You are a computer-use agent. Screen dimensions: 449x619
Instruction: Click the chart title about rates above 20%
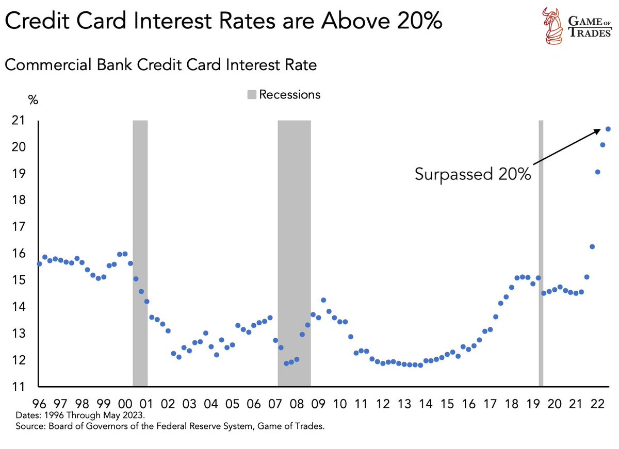point(223,23)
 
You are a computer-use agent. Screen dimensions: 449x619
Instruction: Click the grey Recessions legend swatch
point(252,95)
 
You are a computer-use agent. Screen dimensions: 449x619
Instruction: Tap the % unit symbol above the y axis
point(34,100)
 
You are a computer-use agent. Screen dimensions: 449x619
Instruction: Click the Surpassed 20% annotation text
point(473,174)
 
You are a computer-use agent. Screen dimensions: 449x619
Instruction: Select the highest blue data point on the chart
point(608,129)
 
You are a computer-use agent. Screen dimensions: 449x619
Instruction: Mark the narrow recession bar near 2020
point(541,253)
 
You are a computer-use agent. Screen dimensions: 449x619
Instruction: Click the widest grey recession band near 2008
point(294,253)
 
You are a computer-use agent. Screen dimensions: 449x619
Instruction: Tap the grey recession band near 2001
point(140,253)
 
